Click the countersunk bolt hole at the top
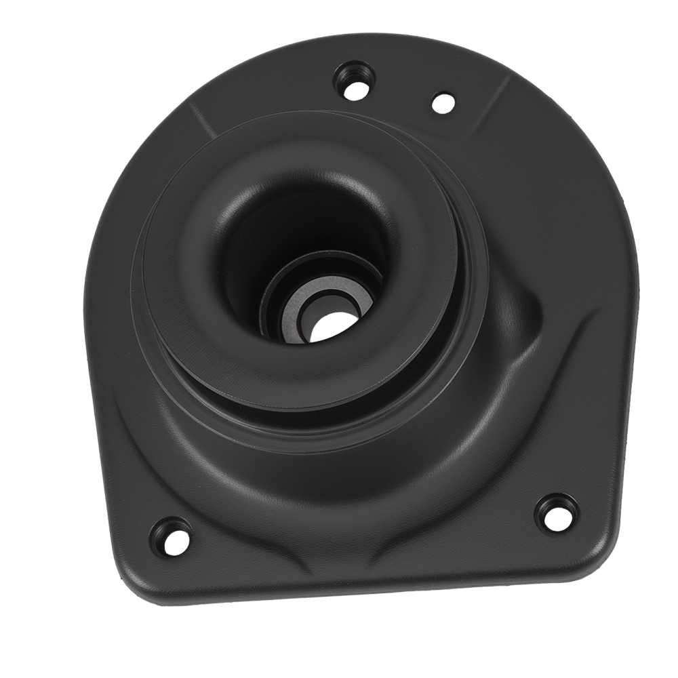point(355,83)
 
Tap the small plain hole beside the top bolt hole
point(443,103)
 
